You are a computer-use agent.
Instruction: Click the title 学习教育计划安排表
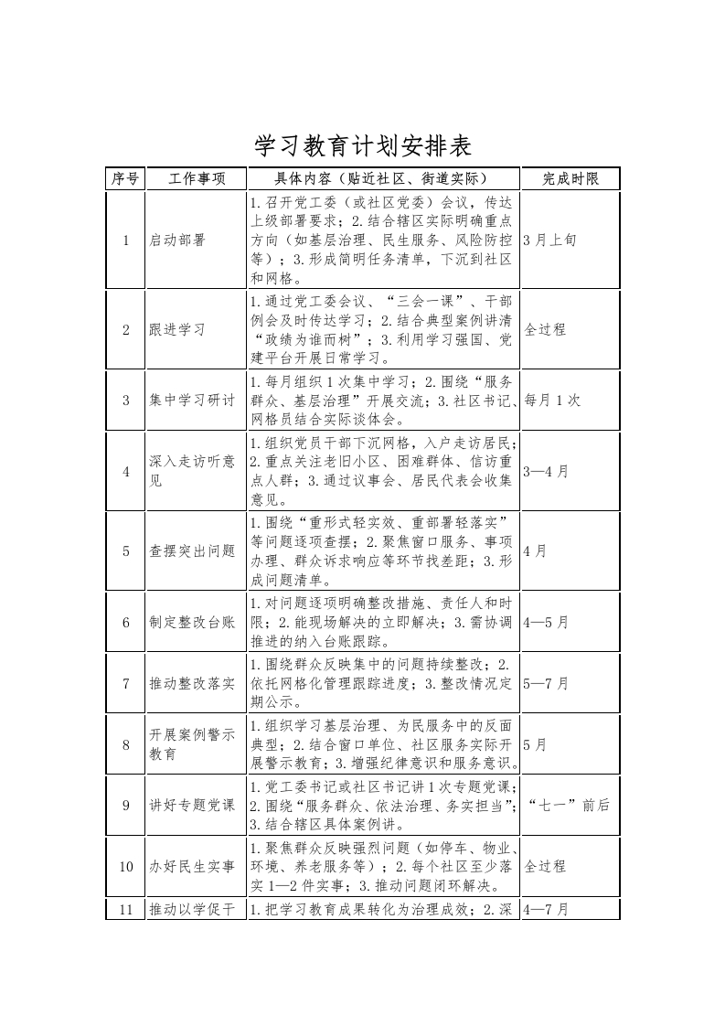[362, 145]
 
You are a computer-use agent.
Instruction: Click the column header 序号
[125, 179]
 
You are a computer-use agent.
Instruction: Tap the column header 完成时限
[570, 179]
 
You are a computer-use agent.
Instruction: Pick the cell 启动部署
[177, 240]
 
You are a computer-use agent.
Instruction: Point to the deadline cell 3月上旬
[550, 240]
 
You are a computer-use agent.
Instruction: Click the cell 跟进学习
[177, 329]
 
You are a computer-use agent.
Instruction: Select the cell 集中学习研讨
[192, 401]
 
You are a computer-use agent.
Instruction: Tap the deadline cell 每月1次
[552, 401]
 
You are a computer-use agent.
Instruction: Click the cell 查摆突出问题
[192, 550]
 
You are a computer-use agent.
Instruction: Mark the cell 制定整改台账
[192, 622]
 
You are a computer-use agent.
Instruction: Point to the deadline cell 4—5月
[546, 622]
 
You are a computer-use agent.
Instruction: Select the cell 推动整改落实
[192, 683]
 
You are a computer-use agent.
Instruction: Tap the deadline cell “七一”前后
[569, 806]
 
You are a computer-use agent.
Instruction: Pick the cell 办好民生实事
[192, 866]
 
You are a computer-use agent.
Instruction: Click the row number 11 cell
[125, 909]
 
